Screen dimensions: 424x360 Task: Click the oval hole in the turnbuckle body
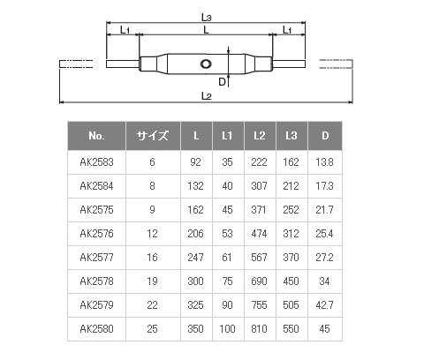tap(206, 64)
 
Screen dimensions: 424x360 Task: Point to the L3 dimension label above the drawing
tap(207, 18)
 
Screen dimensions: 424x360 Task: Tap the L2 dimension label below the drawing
tap(207, 96)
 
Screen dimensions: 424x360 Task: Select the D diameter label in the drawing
tap(222, 82)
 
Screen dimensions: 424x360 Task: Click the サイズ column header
tap(153, 136)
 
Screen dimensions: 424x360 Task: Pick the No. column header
tap(96, 136)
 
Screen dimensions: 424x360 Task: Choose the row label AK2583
tap(96, 162)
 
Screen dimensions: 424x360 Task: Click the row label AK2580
tap(96, 329)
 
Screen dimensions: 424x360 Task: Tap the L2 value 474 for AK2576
tap(259, 234)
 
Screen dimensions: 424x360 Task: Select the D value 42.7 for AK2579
tap(324, 305)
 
